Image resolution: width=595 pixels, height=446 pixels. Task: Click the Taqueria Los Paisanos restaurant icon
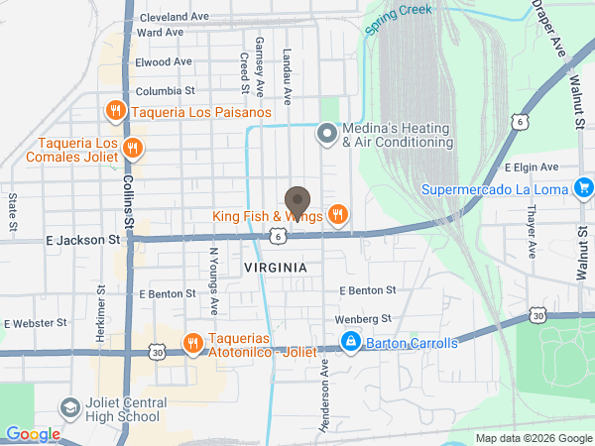tap(116, 111)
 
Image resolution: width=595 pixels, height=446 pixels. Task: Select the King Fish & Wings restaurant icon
tap(338, 215)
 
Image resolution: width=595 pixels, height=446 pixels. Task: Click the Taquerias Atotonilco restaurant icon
tap(192, 344)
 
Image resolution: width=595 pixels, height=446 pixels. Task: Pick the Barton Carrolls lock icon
tap(350, 343)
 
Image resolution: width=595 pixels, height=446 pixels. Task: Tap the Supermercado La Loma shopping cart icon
tap(583, 187)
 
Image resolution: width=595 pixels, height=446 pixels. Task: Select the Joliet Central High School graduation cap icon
tap(69, 407)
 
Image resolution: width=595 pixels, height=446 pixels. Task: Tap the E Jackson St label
tap(84, 239)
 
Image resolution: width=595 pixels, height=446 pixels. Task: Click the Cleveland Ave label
tap(175, 17)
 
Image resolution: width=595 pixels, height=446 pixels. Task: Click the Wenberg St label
tap(365, 318)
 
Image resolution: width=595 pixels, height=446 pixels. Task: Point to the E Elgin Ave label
tap(532, 167)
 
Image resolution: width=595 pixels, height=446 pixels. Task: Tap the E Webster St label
tap(35, 322)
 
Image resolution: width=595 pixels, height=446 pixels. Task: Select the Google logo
tap(33, 434)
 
